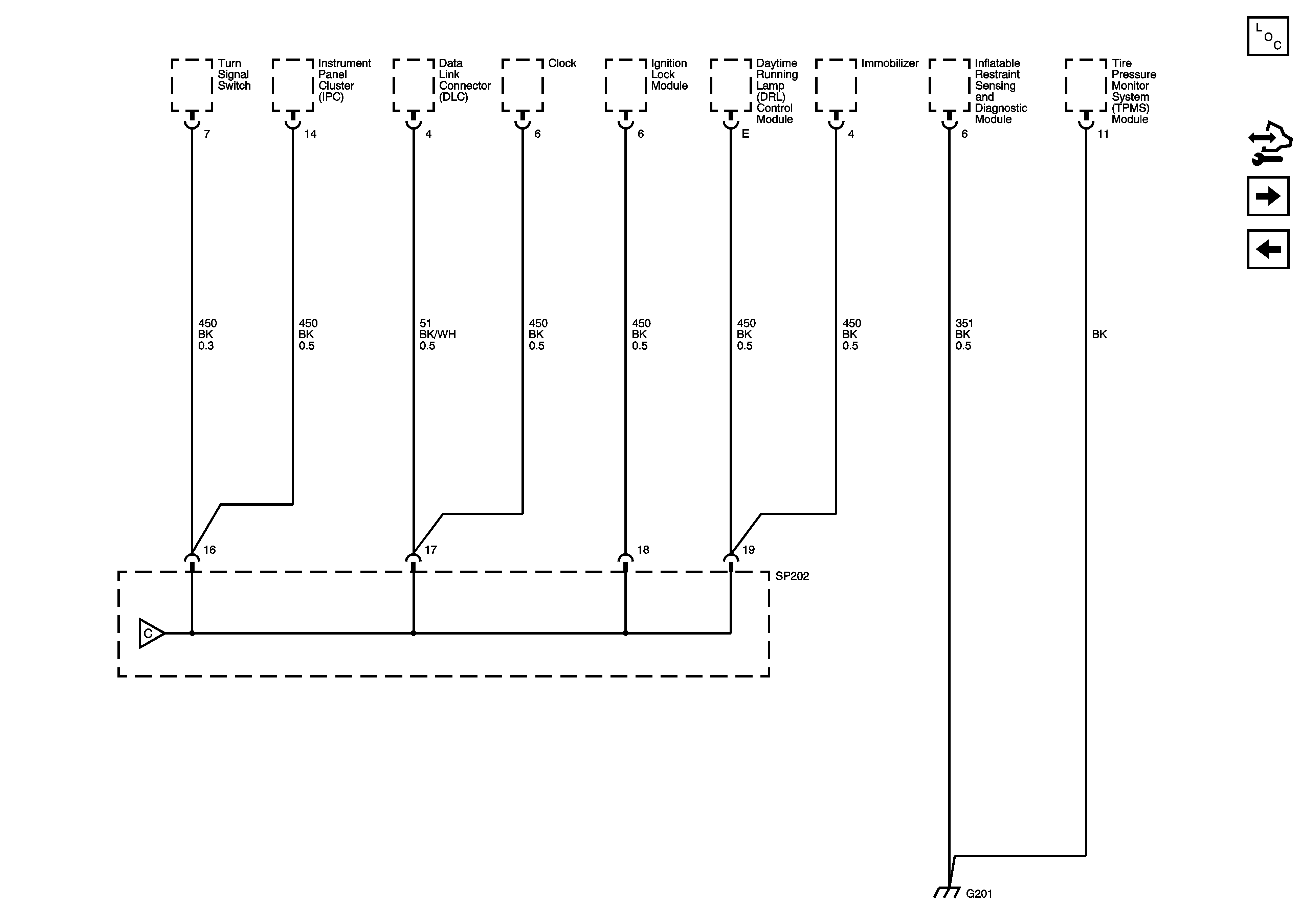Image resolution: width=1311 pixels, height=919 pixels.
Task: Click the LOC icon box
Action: (x=1268, y=36)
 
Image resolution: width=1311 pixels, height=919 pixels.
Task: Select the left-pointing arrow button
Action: (x=1268, y=249)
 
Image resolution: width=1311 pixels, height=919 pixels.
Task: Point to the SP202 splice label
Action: (x=792, y=576)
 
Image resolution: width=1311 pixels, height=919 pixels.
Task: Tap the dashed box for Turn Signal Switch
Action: (x=192, y=85)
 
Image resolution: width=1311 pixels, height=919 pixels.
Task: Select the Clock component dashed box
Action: (x=523, y=85)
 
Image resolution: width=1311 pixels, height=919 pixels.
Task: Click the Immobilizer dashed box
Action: (x=836, y=85)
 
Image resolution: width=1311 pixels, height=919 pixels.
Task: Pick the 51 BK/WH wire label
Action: (x=437, y=335)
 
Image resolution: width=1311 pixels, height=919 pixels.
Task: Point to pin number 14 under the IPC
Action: (x=310, y=134)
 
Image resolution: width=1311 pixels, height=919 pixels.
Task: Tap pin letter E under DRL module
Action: (x=745, y=134)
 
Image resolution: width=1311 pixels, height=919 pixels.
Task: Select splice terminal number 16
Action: (x=209, y=550)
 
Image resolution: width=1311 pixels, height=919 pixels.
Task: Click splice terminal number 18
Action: (x=643, y=550)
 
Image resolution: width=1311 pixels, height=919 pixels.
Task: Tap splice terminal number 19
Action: (x=748, y=550)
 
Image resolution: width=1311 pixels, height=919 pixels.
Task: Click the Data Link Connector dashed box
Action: (x=414, y=85)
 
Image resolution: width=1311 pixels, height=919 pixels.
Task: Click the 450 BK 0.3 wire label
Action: (x=207, y=335)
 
